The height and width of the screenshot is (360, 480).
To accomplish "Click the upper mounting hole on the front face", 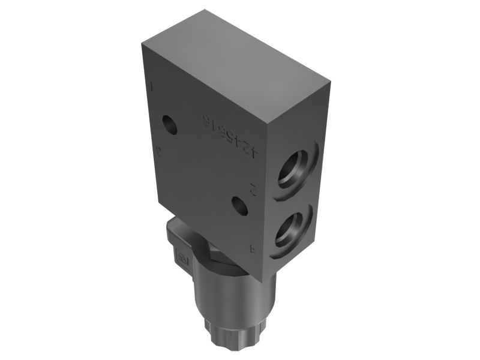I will click(x=170, y=125).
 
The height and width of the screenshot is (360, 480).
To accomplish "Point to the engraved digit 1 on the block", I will click(x=154, y=88).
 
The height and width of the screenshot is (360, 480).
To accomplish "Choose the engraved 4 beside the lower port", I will click(x=253, y=247).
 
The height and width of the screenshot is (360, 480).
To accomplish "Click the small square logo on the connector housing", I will click(x=180, y=259).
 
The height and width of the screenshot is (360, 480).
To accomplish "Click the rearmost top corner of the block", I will click(x=205, y=10).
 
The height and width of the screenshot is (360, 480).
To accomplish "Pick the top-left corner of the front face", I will click(x=142, y=43).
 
